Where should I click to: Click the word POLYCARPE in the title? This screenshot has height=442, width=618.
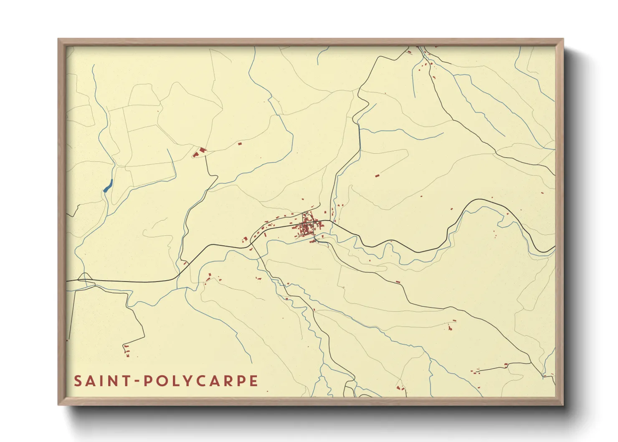200,381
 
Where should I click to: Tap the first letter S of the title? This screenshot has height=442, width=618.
78,381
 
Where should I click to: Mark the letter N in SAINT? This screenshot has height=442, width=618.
114,381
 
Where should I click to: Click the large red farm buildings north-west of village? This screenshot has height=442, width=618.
199,152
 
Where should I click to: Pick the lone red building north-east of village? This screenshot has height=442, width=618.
376,176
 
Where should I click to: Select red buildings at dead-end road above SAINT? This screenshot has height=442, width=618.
127,350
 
